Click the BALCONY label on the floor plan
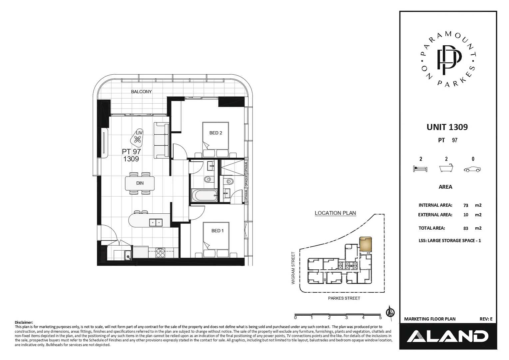pos(141,92)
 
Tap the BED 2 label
pos(216,133)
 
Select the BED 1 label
pos(217,231)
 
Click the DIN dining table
pos(140,183)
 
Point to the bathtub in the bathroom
pos(204,195)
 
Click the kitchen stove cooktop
pos(161,253)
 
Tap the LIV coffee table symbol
pos(138,138)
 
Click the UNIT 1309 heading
pos(447,127)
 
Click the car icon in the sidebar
pos(472,169)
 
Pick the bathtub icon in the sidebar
pos(446,168)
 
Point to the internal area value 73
pos(466,206)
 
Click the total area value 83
pos(466,228)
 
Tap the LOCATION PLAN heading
pos(335,213)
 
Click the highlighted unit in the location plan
pos(365,244)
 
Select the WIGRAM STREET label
pos(293,268)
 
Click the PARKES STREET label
pos(344,298)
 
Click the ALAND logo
pos(447,336)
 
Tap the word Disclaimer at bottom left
pos(24,322)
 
